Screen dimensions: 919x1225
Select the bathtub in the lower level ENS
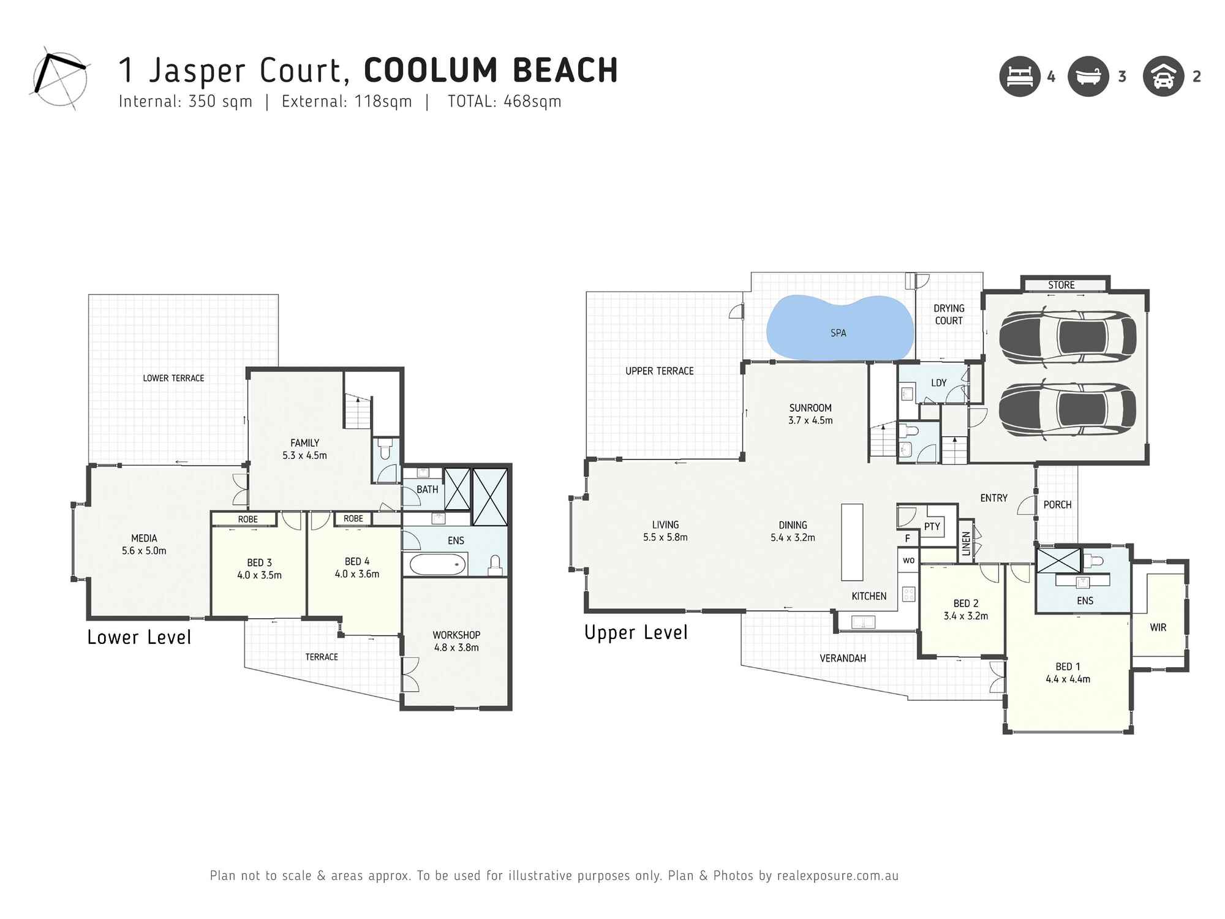(437, 564)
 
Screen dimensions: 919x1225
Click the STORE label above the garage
(1061, 285)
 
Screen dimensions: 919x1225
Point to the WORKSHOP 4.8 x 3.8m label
(456, 641)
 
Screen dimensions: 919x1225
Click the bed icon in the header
(1020, 77)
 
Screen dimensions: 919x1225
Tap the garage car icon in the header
(1163, 77)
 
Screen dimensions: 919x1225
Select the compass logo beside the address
(59, 78)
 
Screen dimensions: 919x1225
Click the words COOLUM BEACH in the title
(491, 70)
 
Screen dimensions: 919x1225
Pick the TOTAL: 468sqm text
(504, 102)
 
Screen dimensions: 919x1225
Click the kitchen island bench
(851, 542)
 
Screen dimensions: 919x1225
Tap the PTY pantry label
(932, 526)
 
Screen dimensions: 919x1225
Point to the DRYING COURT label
(948, 314)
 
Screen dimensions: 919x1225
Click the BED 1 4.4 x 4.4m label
(1068, 672)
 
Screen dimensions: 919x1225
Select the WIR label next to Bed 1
(1158, 627)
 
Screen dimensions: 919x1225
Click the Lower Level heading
(139, 637)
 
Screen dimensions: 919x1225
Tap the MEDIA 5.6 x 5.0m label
(144, 544)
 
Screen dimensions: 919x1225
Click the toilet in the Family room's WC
(385, 450)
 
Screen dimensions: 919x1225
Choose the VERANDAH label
(842, 658)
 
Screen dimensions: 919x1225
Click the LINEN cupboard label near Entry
(966, 543)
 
